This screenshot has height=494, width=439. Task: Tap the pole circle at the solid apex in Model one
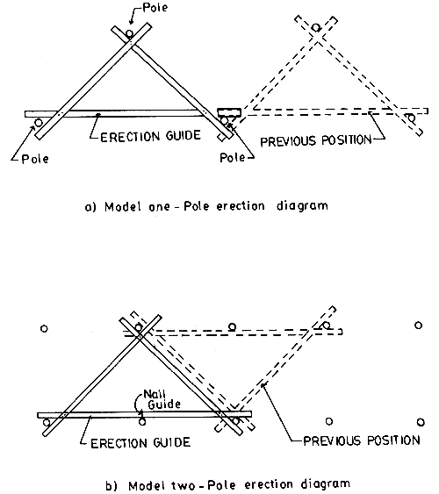(x=130, y=34)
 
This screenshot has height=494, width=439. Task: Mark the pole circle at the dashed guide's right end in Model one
(x=410, y=118)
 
